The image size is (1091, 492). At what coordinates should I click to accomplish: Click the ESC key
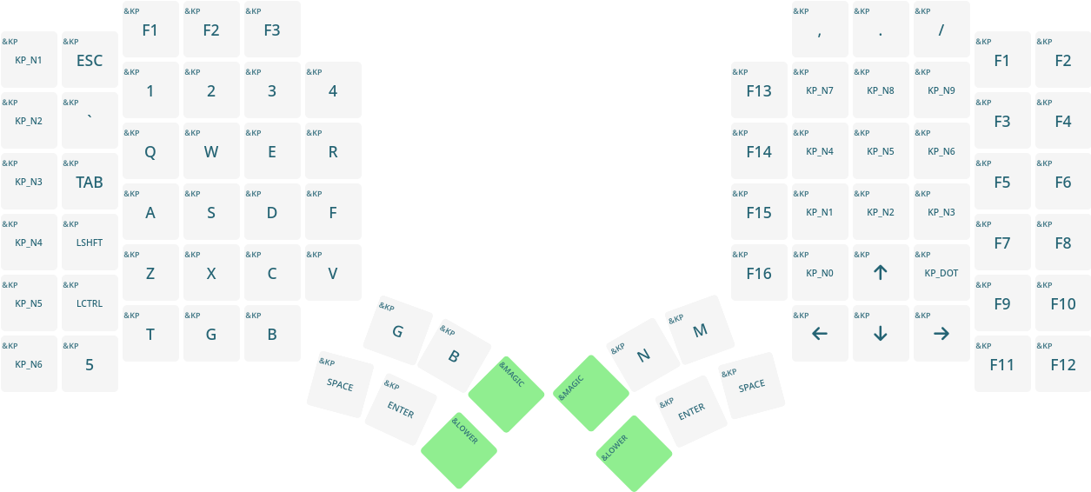tap(90, 60)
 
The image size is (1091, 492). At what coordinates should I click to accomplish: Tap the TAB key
tap(90, 182)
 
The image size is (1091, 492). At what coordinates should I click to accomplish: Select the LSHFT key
tap(90, 243)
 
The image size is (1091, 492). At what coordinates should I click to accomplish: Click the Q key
tap(150, 151)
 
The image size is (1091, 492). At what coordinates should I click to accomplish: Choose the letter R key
tap(333, 151)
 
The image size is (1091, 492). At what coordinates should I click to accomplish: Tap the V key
tap(333, 273)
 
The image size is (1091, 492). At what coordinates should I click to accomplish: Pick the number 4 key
tap(333, 90)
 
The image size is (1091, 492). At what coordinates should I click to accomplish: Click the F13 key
tap(759, 90)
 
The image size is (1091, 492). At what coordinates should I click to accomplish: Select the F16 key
tap(759, 273)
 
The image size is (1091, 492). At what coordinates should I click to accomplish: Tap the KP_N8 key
tap(881, 90)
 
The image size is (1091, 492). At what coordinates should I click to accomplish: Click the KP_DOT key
tap(941, 273)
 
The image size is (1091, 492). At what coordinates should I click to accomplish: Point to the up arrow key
tap(881, 273)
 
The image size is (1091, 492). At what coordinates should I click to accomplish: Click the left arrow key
tap(820, 334)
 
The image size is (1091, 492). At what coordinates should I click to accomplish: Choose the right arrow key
tap(941, 334)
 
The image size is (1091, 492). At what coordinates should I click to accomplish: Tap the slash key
tap(941, 30)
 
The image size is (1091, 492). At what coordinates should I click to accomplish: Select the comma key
tap(820, 30)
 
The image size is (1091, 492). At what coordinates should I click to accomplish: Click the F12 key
tap(1063, 364)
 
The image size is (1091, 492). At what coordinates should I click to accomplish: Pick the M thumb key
tap(700, 330)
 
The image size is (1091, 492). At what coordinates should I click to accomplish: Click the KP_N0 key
tap(820, 273)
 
